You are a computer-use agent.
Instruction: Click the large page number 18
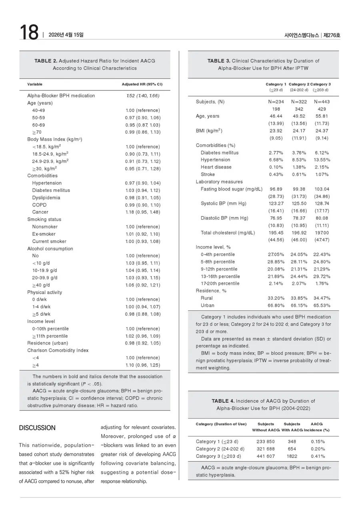(x=29, y=33)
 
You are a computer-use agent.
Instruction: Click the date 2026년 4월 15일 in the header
(x=66, y=35)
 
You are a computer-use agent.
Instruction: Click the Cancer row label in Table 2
(x=40, y=212)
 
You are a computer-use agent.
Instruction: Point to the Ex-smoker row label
(x=44, y=234)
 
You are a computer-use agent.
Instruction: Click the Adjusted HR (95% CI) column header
(x=142, y=84)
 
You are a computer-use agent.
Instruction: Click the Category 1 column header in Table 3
(x=276, y=84)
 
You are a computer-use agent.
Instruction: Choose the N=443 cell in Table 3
(x=322, y=102)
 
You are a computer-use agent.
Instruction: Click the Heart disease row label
(x=216, y=167)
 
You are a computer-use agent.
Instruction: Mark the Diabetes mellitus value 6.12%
(x=322, y=152)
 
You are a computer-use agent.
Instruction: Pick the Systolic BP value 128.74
(x=322, y=203)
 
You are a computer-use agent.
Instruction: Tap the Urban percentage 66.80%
(x=276, y=305)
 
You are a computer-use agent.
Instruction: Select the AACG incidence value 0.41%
(x=318, y=456)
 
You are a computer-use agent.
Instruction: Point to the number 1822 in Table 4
(x=292, y=456)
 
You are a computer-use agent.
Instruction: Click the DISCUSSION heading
(x=37, y=428)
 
